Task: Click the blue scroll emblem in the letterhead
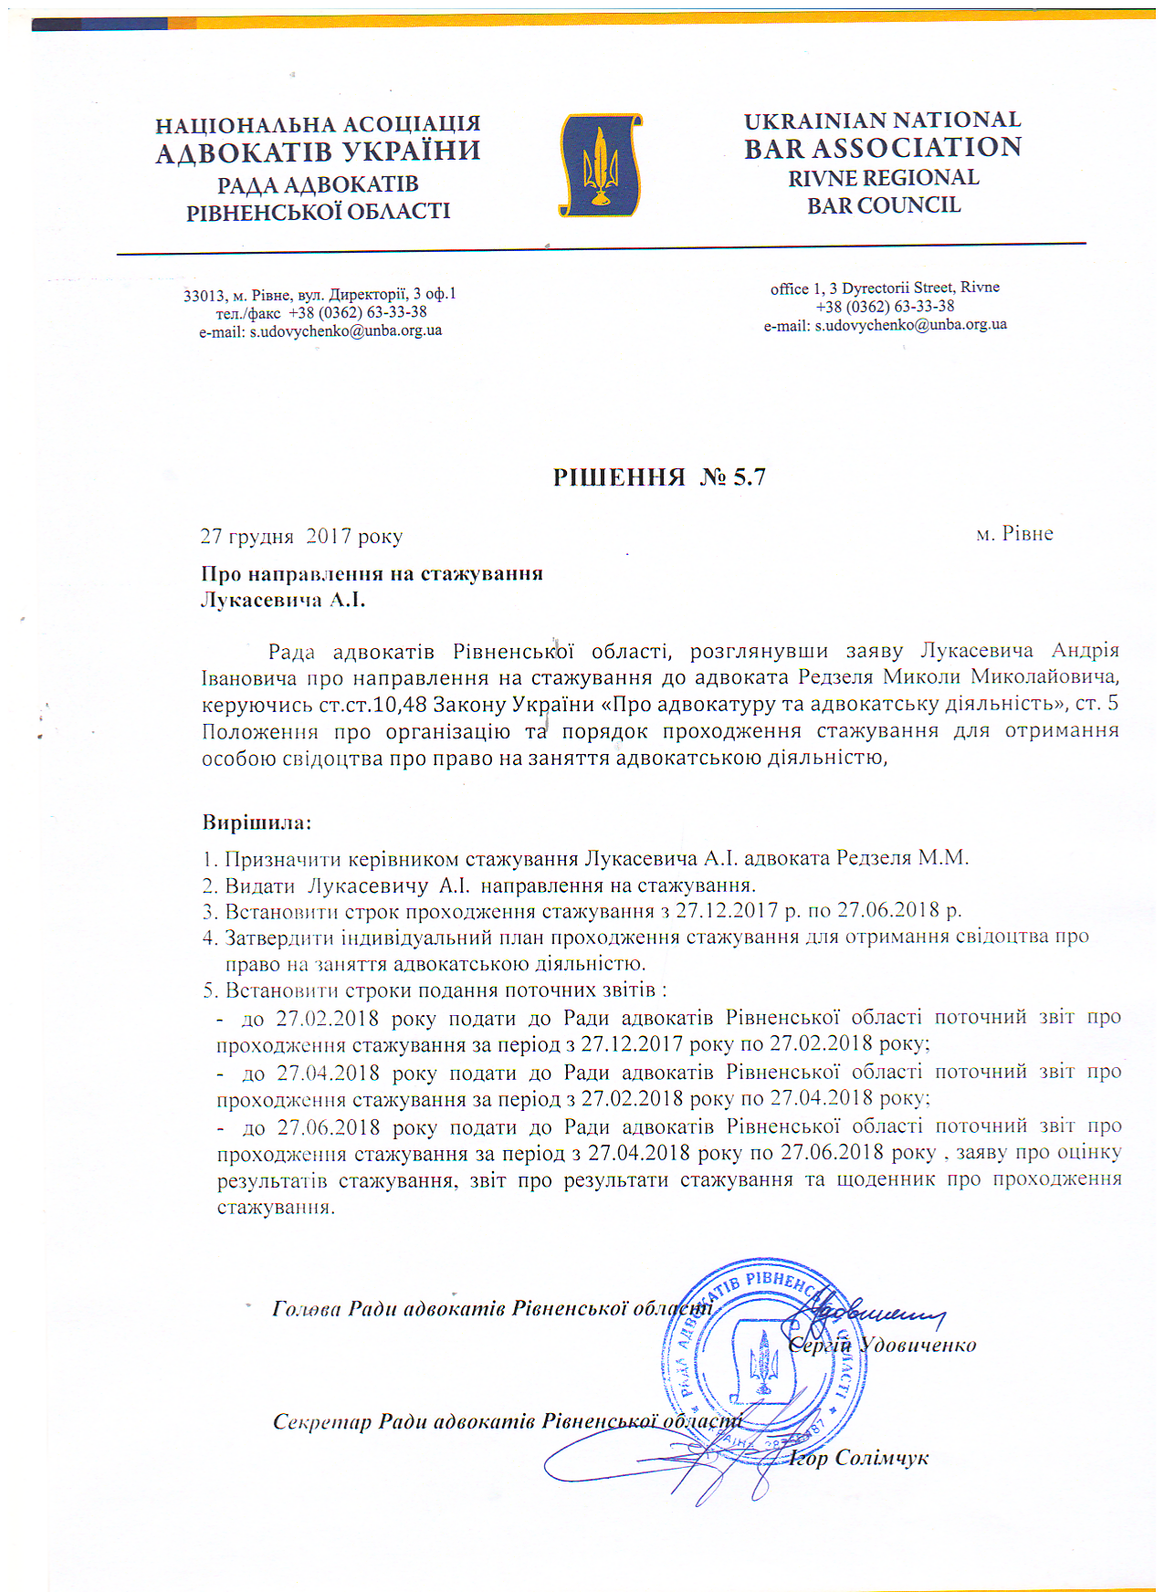(x=600, y=165)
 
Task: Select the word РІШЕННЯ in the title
(x=619, y=477)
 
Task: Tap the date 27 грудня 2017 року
(x=301, y=536)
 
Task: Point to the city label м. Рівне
(x=1014, y=534)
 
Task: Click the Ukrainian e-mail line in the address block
(x=320, y=330)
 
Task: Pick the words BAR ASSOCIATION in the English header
(x=883, y=148)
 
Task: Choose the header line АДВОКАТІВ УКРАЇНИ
(x=318, y=152)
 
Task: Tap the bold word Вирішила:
(x=257, y=822)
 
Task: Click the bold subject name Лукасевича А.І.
(x=283, y=600)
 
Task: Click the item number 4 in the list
(x=209, y=937)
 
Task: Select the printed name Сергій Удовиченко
(x=882, y=1345)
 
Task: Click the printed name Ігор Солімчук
(x=859, y=1458)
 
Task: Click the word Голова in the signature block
(x=307, y=1308)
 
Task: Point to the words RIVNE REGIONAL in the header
(x=884, y=178)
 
